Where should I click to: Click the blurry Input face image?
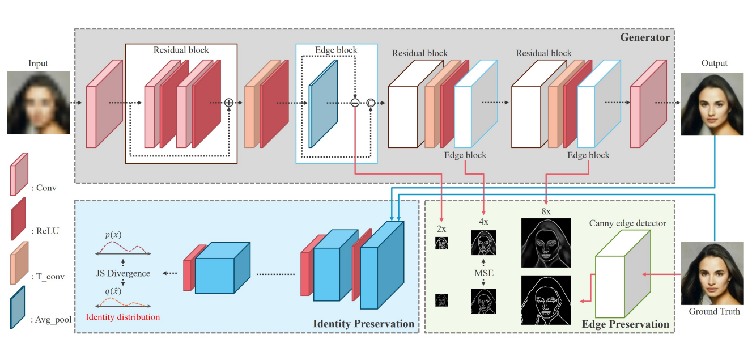pos(38,103)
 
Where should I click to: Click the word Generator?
pos(645,38)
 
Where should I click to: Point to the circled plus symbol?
pos(229,103)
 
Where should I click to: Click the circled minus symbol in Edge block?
pos(355,103)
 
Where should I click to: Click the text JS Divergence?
pos(123,273)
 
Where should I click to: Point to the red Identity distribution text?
pos(122,317)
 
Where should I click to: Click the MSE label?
pos(483,273)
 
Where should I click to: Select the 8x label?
pos(545,211)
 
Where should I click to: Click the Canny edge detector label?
pos(627,223)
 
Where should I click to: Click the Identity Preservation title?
pos(363,324)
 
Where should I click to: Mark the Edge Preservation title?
pos(626,324)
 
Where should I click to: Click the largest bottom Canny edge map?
pos(546,300)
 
